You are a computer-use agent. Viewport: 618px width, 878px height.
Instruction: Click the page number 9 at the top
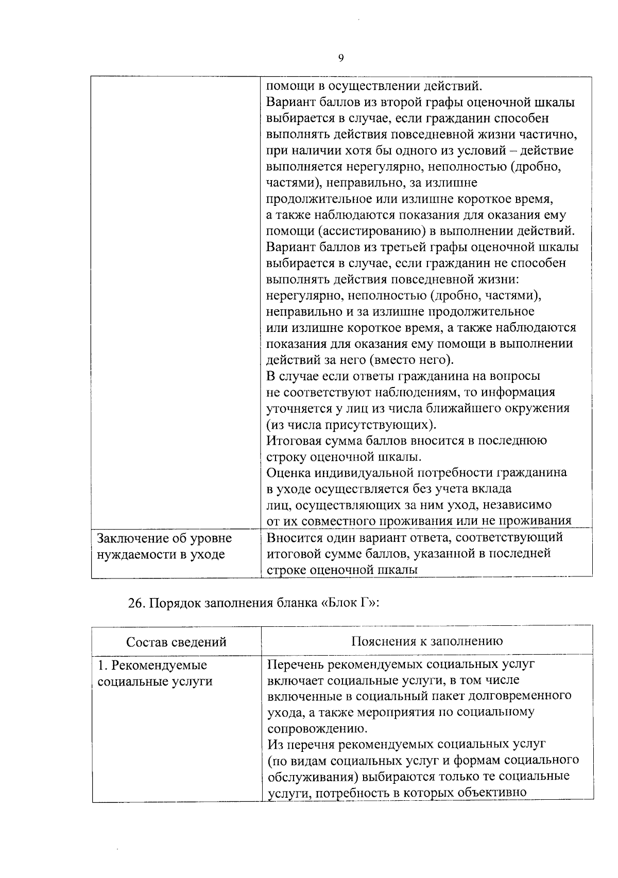tap(341, 58)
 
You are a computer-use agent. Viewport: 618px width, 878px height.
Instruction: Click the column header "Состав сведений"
tap(176, 642)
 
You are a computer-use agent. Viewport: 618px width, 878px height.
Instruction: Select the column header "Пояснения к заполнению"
tap(427, 641)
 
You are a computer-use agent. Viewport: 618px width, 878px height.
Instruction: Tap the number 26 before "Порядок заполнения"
tap(135, 603)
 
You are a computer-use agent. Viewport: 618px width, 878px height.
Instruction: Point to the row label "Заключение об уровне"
tap(165, 538)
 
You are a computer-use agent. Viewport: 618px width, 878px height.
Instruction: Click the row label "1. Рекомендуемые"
tap(152, 665)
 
